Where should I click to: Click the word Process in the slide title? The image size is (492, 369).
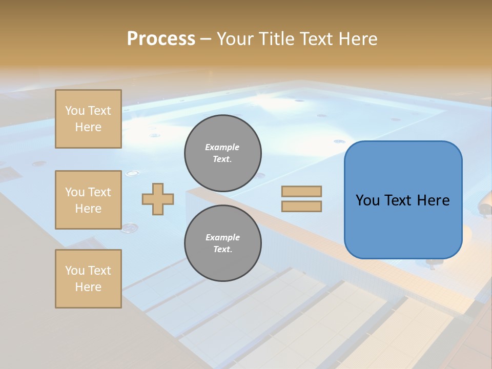161,39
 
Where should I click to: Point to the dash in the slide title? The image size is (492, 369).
206,39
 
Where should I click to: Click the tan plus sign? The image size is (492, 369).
158,199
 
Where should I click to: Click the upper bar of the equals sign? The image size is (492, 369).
301,191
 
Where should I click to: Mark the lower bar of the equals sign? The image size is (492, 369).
301,206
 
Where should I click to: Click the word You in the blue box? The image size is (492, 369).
367,200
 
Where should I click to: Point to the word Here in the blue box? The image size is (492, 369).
433,200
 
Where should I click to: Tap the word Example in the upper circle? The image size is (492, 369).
222,147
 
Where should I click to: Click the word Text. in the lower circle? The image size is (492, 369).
222,250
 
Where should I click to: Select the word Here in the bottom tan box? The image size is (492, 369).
88,287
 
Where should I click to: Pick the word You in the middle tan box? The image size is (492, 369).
74,192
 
